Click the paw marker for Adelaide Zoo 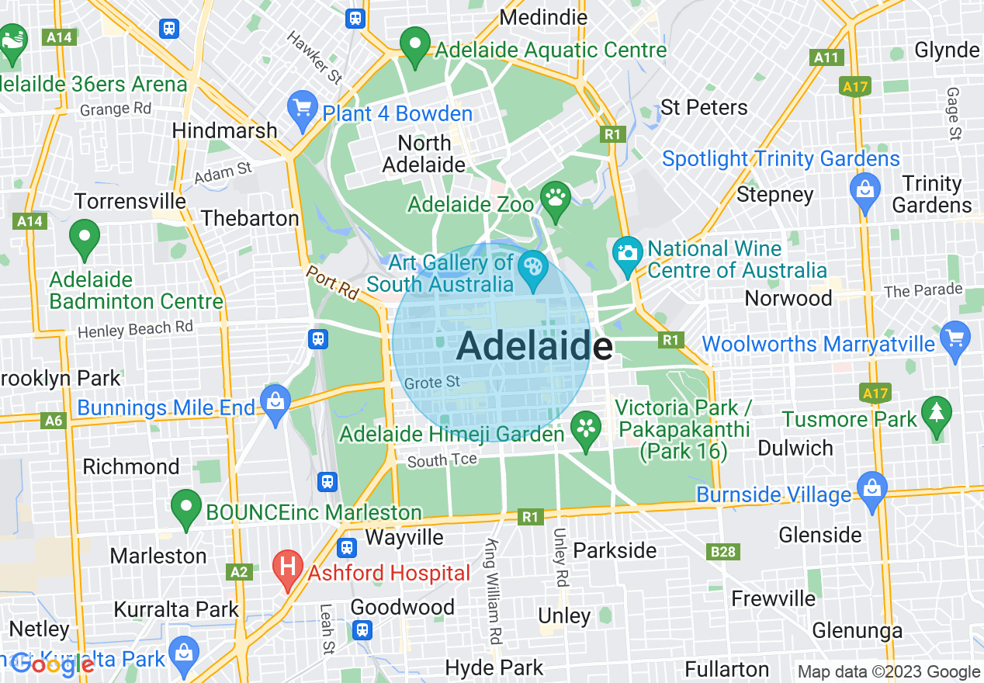(556, 199)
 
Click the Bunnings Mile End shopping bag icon (275, 402)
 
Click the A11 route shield (826, 57)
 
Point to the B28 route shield (722, 552)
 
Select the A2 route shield (239, 572)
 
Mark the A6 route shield (54, 421)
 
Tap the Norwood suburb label (788, 298)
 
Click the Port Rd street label (331, 283)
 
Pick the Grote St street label (432, 383)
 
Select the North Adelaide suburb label (424, 154)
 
